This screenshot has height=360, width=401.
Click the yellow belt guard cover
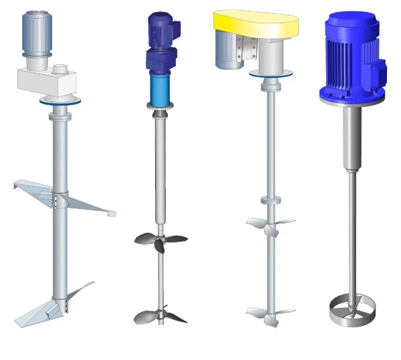click(257, 23)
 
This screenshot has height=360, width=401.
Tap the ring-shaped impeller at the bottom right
click(352, 311)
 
